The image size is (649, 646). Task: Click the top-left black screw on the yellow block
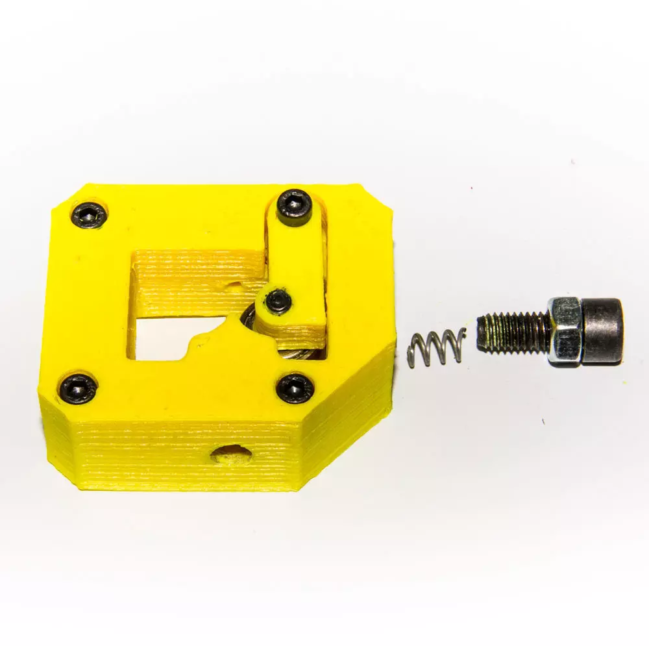point(89,214)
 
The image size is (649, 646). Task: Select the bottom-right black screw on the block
point(295,388)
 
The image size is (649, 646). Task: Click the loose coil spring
point(437,347)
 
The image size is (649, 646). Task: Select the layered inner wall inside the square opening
point(195,276)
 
